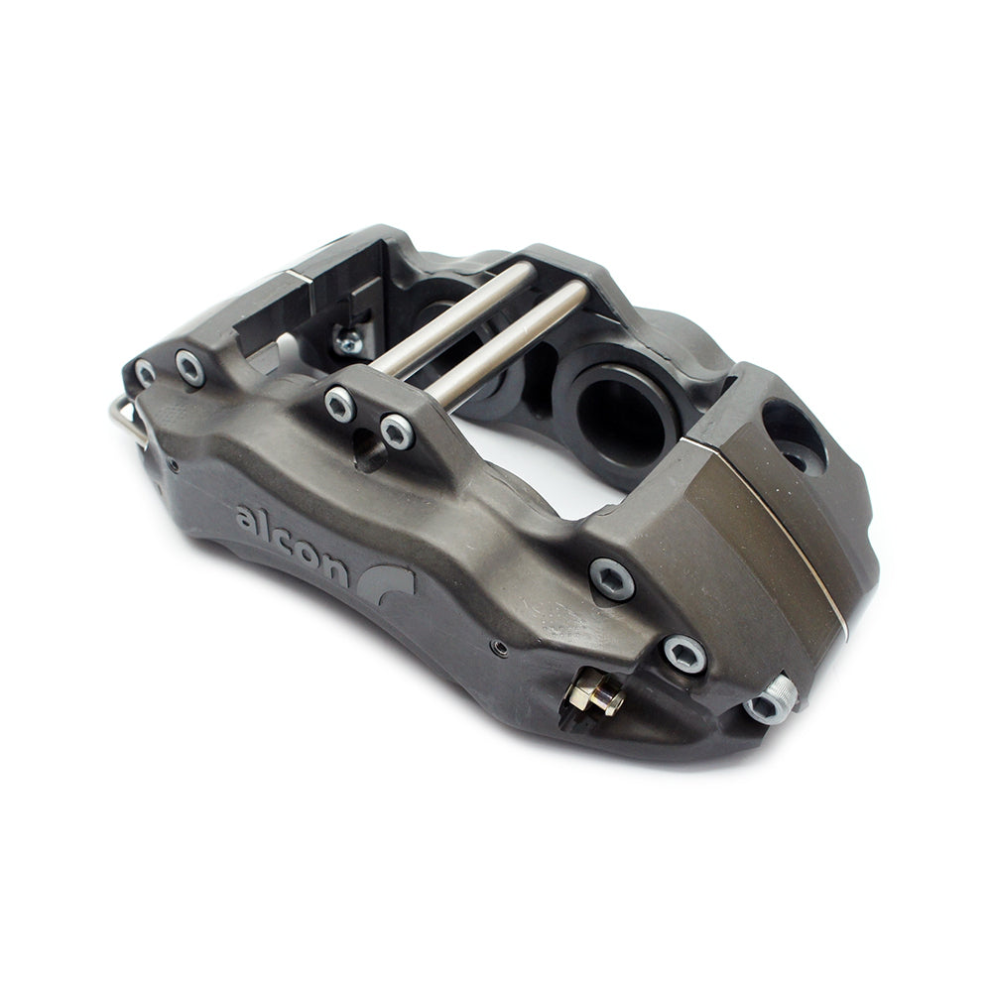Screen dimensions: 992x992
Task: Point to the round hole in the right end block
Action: [x=794, y=436]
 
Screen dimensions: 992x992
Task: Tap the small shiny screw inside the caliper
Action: [x=348, y=342]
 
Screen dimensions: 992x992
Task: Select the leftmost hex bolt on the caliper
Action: [x=146, y=374]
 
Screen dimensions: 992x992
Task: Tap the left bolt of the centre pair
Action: [x=340, y=404]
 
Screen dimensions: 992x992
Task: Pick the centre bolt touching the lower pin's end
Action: [x=397, y=432]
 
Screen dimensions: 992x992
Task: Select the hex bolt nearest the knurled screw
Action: [x=683, y=654]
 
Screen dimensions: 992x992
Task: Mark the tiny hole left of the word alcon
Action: [x=173, y=464]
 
